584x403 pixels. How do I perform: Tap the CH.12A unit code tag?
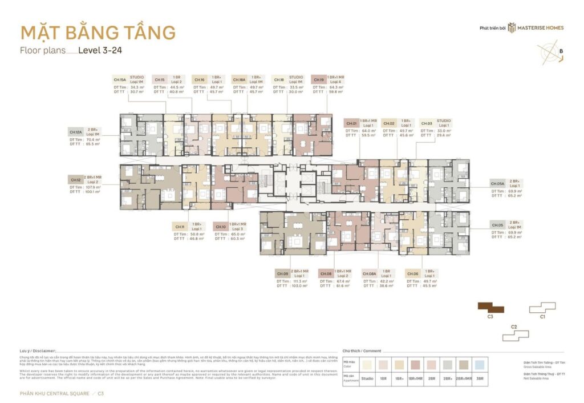click(76, 132)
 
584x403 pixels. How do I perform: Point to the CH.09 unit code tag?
click(283, 274)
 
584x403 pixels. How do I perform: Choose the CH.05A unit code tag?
click(497, 184)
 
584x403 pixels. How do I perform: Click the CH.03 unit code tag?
click(427, 123)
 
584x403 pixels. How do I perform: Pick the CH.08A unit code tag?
click(369, 274)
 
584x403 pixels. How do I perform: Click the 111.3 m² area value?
click(301, 281)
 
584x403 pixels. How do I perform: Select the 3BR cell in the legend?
click(481, 378)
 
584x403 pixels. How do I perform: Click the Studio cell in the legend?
click(368, 378)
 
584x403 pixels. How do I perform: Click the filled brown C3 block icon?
click(490, 308)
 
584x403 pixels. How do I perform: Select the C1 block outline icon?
click(542, 308)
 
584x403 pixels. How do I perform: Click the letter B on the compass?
click(561, 51)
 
